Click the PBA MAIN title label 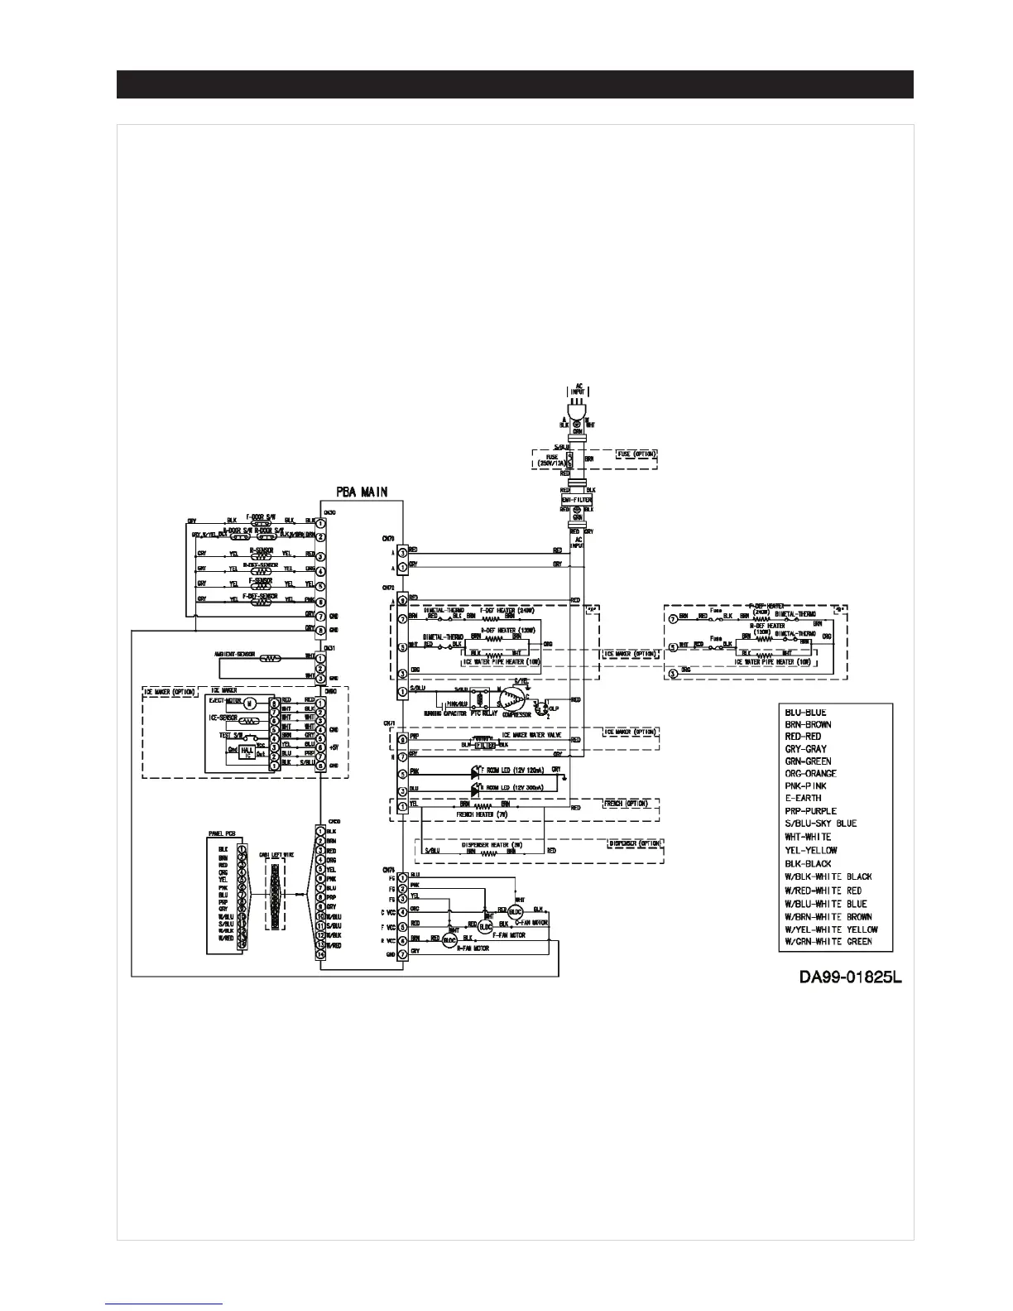(x=362, y=492)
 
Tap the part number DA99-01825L (x=850, y=977)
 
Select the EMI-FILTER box (x=577, y=501)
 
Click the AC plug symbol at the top (x=577, y=409)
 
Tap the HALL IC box (x=246, y=753)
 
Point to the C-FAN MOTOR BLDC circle (x=516, y=910)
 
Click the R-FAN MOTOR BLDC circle (x=450, y=940)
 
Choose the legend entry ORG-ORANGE (x=810, y=774)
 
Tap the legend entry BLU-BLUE (x=805, y=713)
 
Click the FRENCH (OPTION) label (x=625, y=804)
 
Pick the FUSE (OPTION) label (x=636, y=454)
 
